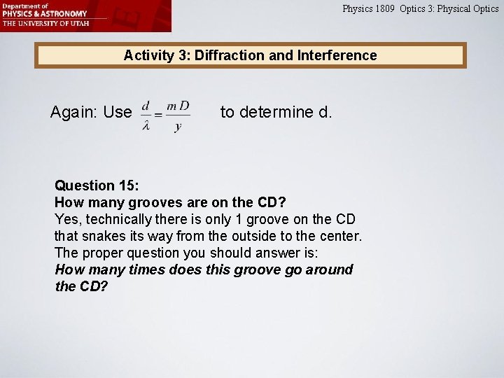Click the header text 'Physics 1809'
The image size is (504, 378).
(368, 9)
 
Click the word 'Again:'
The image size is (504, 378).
(72, 112)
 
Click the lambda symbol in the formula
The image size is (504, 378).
(146, 125)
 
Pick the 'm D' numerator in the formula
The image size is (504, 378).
(178, 106)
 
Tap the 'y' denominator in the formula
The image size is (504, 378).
(178, 126)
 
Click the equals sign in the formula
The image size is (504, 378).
(160, 115)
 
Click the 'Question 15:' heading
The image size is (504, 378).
(97, 185)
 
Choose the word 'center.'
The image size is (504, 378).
(339, 236)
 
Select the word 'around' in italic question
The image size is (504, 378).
(330, 269)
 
